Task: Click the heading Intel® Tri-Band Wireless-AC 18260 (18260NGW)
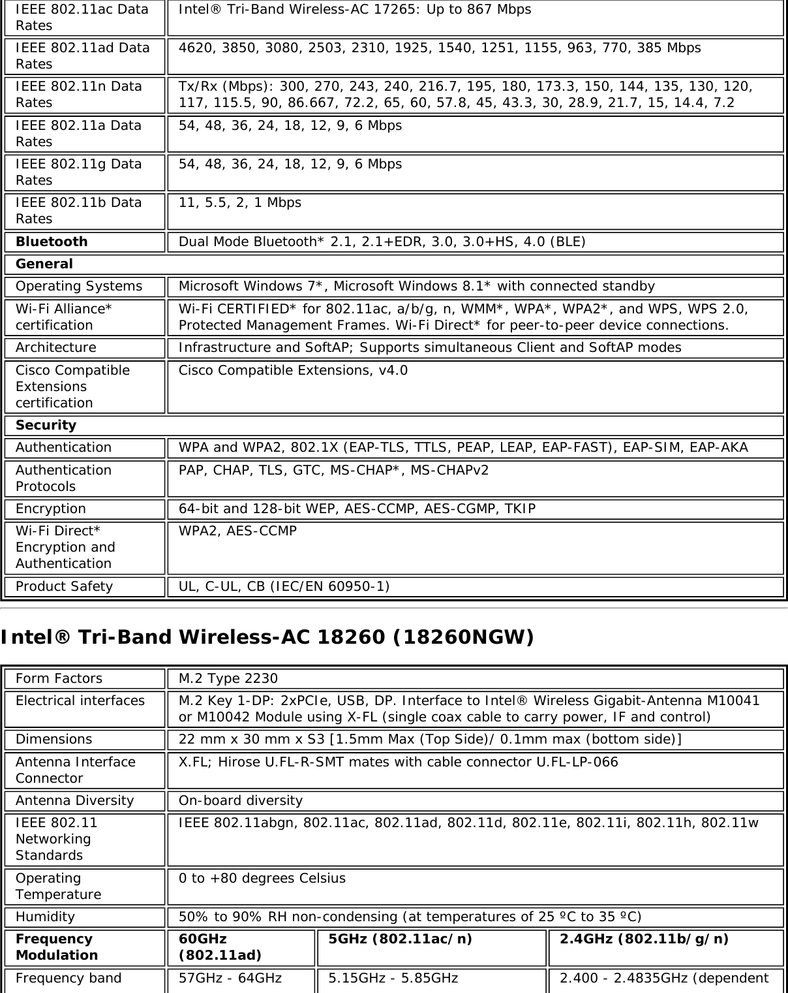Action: (x=267, y=637)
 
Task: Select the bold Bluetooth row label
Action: (x=52, y=242)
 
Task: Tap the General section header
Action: (x=44, y=264)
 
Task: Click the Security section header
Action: (x=46, y=425)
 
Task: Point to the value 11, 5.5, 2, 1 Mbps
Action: (x=240, y=202)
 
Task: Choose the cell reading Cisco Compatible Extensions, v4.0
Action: (x=293, y=370)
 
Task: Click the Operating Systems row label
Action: (x=79, y=286)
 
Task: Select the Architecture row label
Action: (x=55, y=347)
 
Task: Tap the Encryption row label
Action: (x=51, y=509)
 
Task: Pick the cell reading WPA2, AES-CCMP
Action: (x=237, y=531)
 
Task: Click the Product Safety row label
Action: (x=64, y=586)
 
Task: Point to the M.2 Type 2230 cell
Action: (x=228, y=678)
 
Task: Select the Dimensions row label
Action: (x=54, y=739)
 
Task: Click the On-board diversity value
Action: (x=241, y=800)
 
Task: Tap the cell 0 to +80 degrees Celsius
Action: (x=262, y=878)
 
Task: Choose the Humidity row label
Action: (x=45, y=917)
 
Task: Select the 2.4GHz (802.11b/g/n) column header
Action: (x=644, y=939)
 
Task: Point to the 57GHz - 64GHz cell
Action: (x=230, y=978)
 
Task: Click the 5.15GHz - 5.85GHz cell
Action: (x=393, y=978)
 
